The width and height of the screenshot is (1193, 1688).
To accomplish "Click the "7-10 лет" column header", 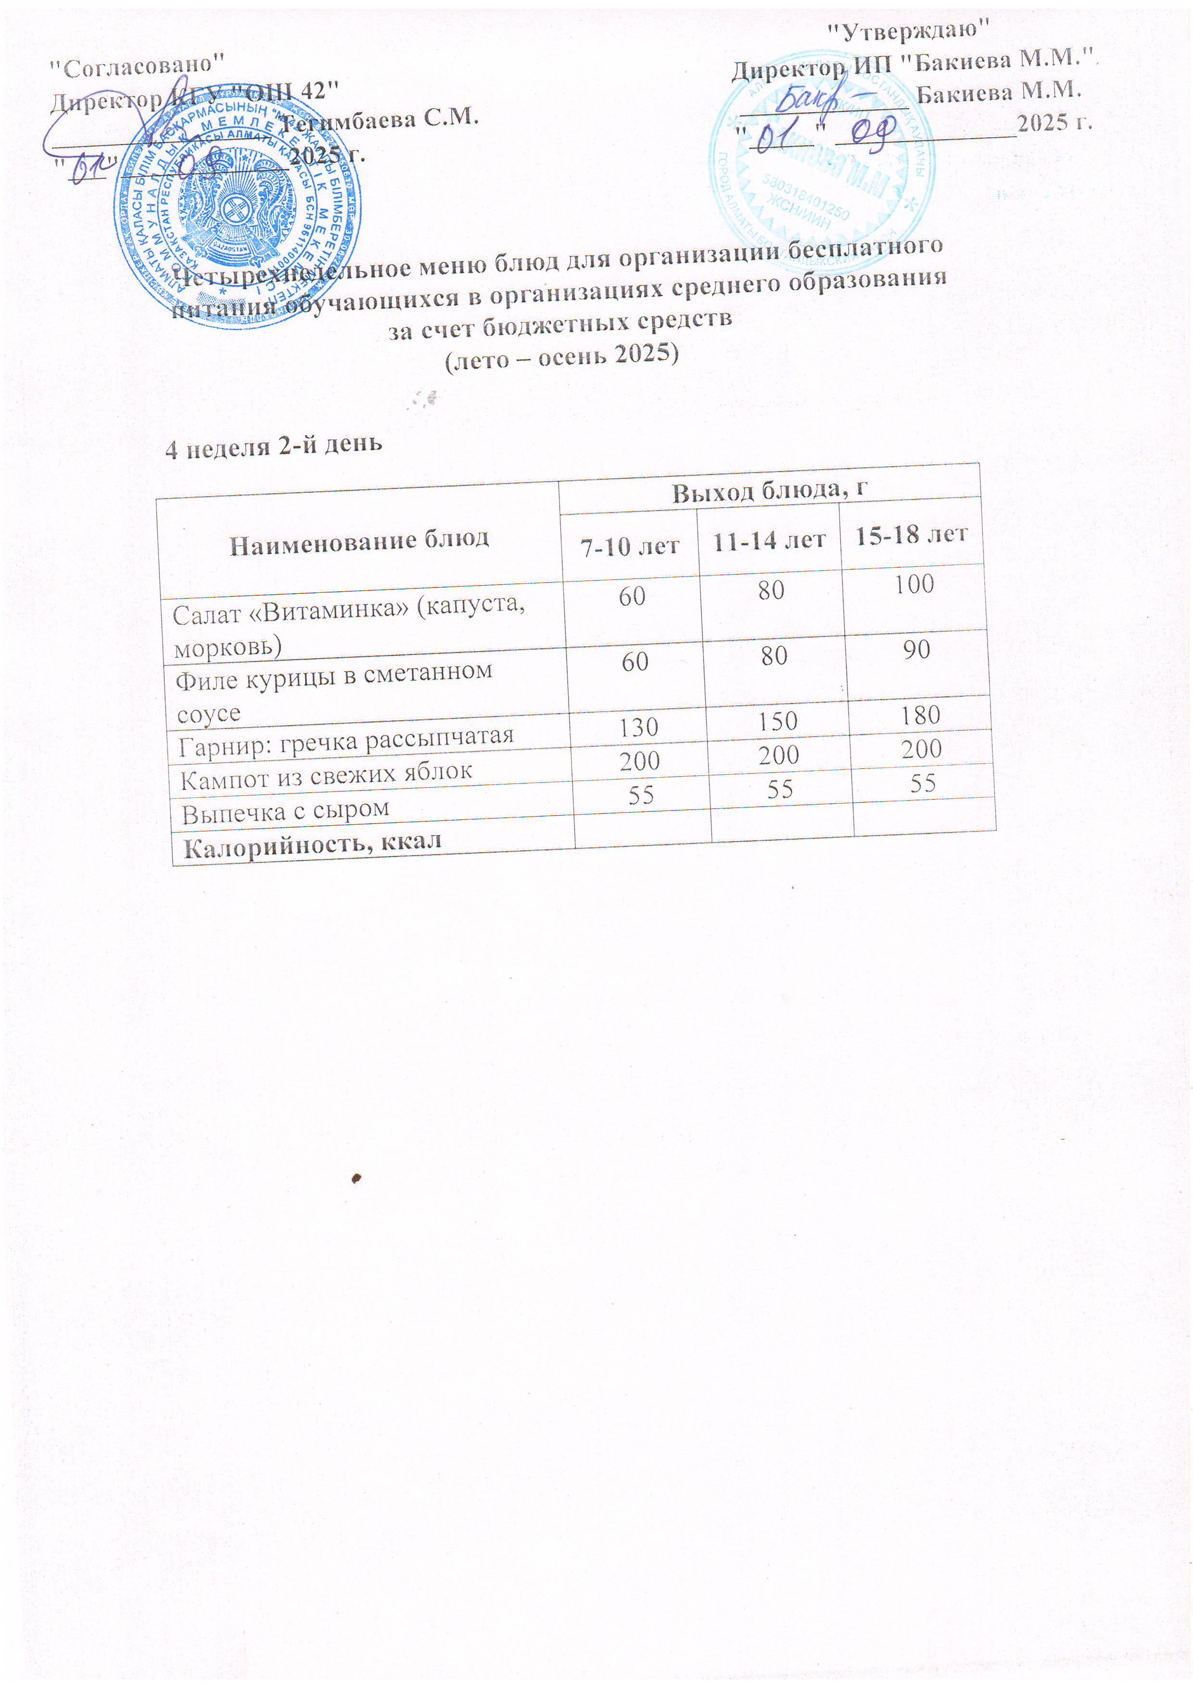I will pos(630,546).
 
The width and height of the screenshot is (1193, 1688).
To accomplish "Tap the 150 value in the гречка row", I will pos(778,720).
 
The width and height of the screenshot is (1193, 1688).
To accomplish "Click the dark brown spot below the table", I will pos(356,1178).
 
